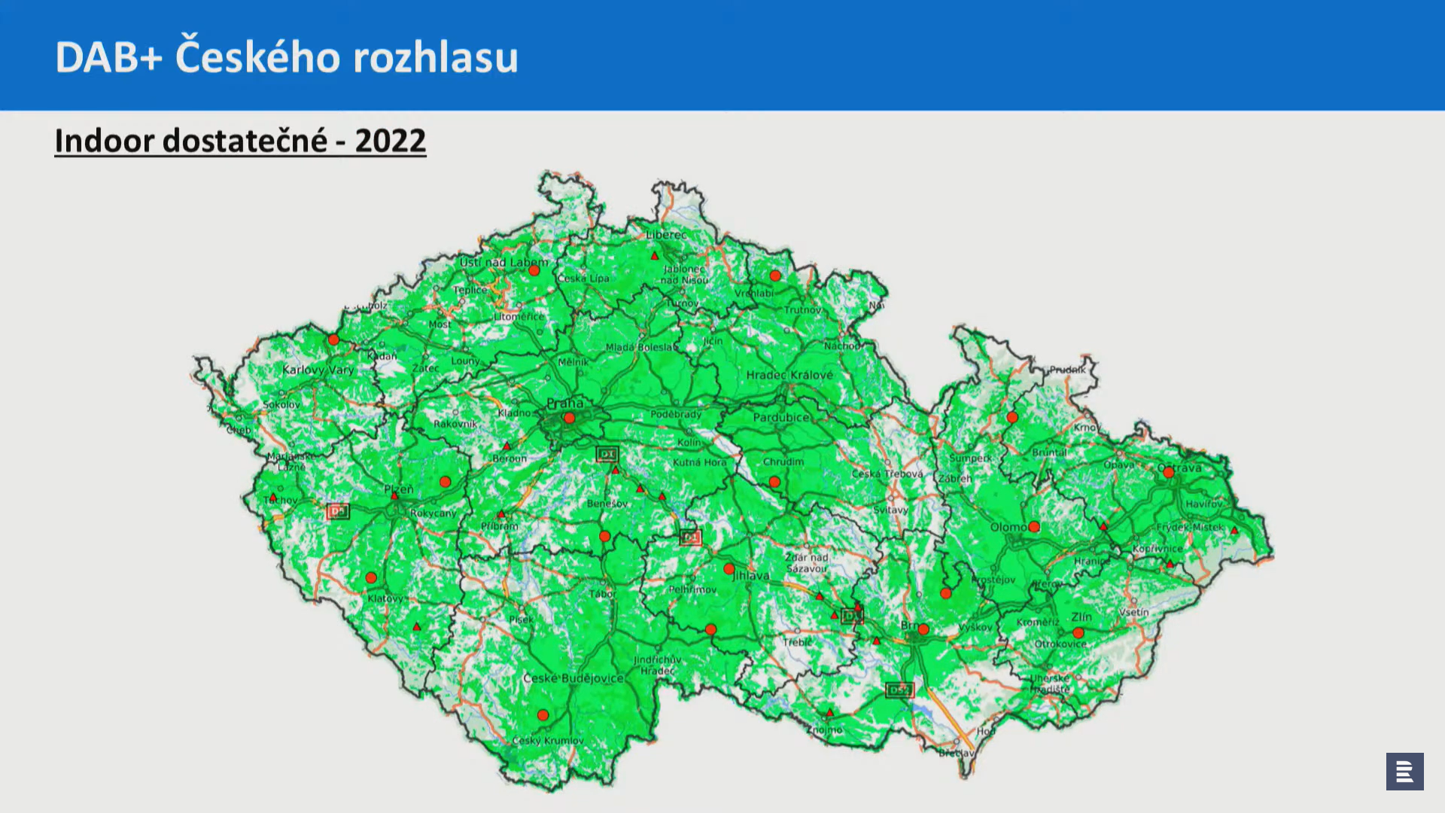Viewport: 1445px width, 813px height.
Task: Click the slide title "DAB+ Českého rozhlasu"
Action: coord(287,57)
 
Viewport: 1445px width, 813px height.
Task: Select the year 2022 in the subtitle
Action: coord(390,141)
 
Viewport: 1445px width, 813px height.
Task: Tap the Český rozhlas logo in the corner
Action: coord(1404,771)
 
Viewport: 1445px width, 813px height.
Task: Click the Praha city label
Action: coord(564,403)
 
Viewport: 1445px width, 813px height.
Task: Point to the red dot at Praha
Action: coord(569,418)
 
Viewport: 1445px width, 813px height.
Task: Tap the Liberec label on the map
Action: coord(666,235)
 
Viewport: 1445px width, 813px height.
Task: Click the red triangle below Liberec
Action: coord(655,256)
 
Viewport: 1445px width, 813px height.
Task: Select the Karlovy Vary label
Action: coord(318,370)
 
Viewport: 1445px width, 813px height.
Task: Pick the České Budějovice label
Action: coord(573,678)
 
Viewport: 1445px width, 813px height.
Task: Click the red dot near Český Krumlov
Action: coord(543,715)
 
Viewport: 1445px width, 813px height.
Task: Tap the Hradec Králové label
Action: coord(789,375)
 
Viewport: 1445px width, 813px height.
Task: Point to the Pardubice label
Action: coord(781,417)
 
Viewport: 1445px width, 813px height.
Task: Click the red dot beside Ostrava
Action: coord(1168,472)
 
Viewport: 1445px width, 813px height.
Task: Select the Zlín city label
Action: coord(1081,617)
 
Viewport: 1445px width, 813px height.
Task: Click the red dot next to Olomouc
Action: coord(1034,527)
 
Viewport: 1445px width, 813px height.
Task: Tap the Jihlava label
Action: coord(751,576)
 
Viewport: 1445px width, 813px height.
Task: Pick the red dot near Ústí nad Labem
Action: coord(534,270)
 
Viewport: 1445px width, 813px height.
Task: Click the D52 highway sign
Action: coord(899,690)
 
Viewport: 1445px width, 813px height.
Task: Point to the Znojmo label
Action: coord(826,729)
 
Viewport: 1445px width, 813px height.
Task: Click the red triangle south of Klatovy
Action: coord(417,626)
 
